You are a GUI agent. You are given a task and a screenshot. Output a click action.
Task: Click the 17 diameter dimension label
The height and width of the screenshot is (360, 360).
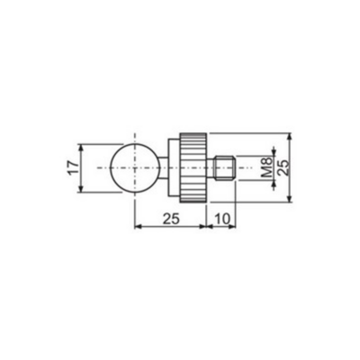coord(74,168)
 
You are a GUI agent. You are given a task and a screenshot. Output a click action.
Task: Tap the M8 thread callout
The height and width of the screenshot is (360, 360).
coord(266,167)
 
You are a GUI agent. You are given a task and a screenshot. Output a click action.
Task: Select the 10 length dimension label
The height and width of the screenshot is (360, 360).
coord(222,219)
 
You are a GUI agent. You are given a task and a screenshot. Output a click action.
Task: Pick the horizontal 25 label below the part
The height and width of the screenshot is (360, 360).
coord(171,219)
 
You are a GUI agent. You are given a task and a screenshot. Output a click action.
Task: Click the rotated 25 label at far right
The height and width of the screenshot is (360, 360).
coord(283,167)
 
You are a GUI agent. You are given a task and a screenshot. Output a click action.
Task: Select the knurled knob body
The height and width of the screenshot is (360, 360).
coord(193,167)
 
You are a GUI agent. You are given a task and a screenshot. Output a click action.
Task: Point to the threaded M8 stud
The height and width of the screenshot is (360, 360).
coord(226,168)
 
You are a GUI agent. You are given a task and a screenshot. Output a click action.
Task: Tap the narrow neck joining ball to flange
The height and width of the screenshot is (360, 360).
coord(164,168)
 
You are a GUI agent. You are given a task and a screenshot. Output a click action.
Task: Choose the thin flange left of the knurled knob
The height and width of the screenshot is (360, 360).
coord(174,167)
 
